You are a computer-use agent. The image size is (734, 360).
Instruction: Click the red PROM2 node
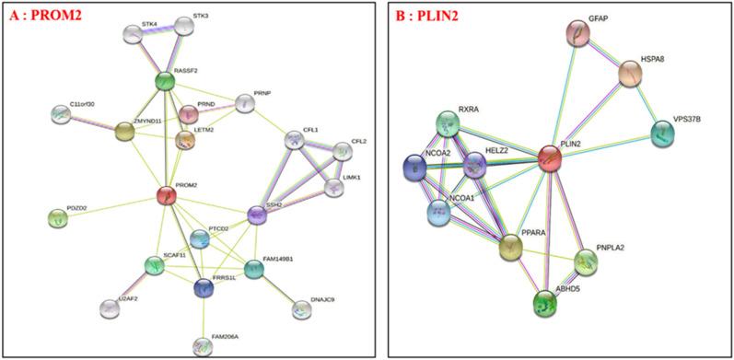pyautogui.click(x=166, y=195)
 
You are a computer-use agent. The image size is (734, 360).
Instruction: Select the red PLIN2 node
pyautogui.click(x=550, y=158)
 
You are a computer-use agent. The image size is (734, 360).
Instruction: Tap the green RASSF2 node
pyautogui.click(x=165, y=81)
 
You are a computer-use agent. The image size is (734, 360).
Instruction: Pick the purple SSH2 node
pyautogui.click(x=257, y=215)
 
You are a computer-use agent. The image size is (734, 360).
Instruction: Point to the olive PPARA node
pyautogui.click(x=511, y=246)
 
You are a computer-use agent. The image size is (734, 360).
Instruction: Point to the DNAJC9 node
pyautogui.click(x=301, y=310)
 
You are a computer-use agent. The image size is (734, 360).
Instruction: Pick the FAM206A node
pyautogui.click(x=202, y=346)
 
